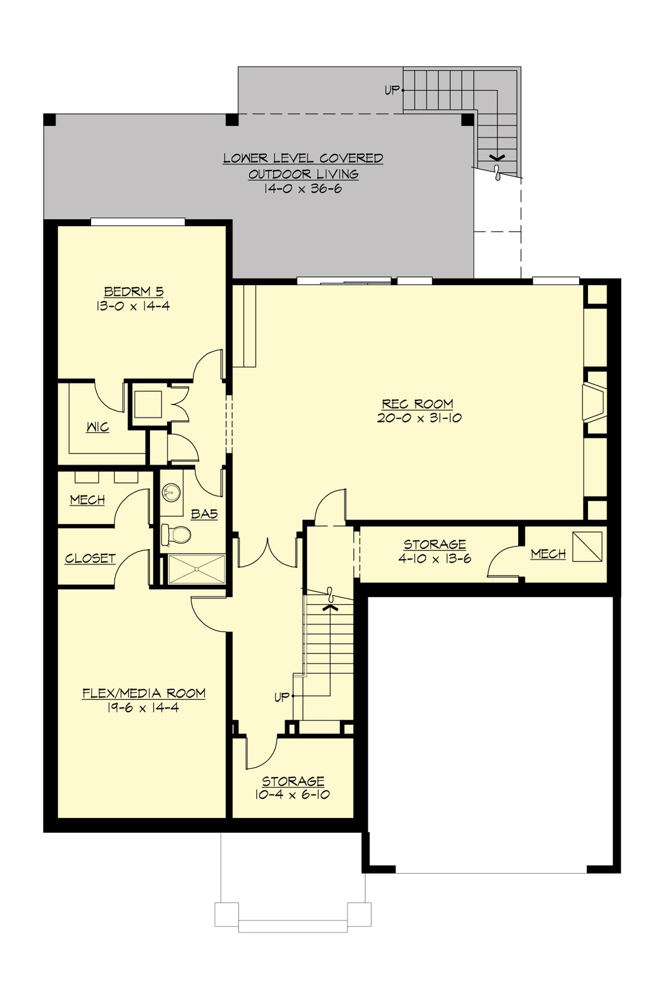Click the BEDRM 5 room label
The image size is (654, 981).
pyautogui.click(x=134, y=292)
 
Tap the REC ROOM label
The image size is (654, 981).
pyautogui.click(x=417, y=404)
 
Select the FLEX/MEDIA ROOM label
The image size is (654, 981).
pyautogui.click(x=144, y=693)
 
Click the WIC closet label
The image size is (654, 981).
pyautogui.click(x=98, y=427)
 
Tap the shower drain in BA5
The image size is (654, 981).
pyautogui.click(x=196, y=569)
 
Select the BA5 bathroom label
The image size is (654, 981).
pyautogui.click(x=204, y=513)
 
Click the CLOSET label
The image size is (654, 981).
pyautogui.click(x=90, y=559)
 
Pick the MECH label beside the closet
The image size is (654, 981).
pyautogui.click(x=87, y=500)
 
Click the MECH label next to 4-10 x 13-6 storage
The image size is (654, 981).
pyautogui.click(x=548, y=554)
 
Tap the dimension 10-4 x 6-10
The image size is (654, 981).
pyautogui.click(x=292, y=795)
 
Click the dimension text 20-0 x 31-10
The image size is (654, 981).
pyautogui.click(x=419, y=418)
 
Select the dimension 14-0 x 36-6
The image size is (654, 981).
pyautogui.click(x=303, y=189)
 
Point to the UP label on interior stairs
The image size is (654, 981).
pyautogui.click(x=281, y=697)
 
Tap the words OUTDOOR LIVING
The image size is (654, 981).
pyautogui.click(x=303, y=174)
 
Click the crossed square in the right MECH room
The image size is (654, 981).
pyautogui.click(x=588, y=547)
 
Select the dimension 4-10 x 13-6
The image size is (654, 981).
pyautogui.click(x=434, y=559)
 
